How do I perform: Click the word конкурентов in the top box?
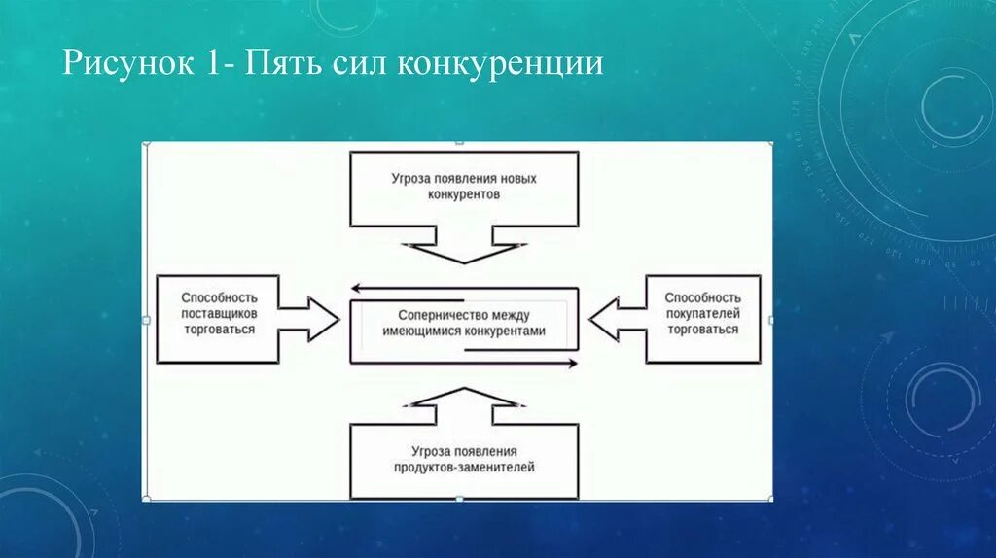(x=464, y=194)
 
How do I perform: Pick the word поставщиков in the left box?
(x=219, y=314)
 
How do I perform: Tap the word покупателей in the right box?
(x=703, y=314)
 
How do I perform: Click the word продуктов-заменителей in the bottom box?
(x=464, y=467)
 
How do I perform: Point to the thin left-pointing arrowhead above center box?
(x=356, y=288)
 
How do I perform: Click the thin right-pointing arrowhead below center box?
(x=572, y=364)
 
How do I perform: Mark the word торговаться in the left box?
(x=219, y=330)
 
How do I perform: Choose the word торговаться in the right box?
(x=703, y=330)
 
